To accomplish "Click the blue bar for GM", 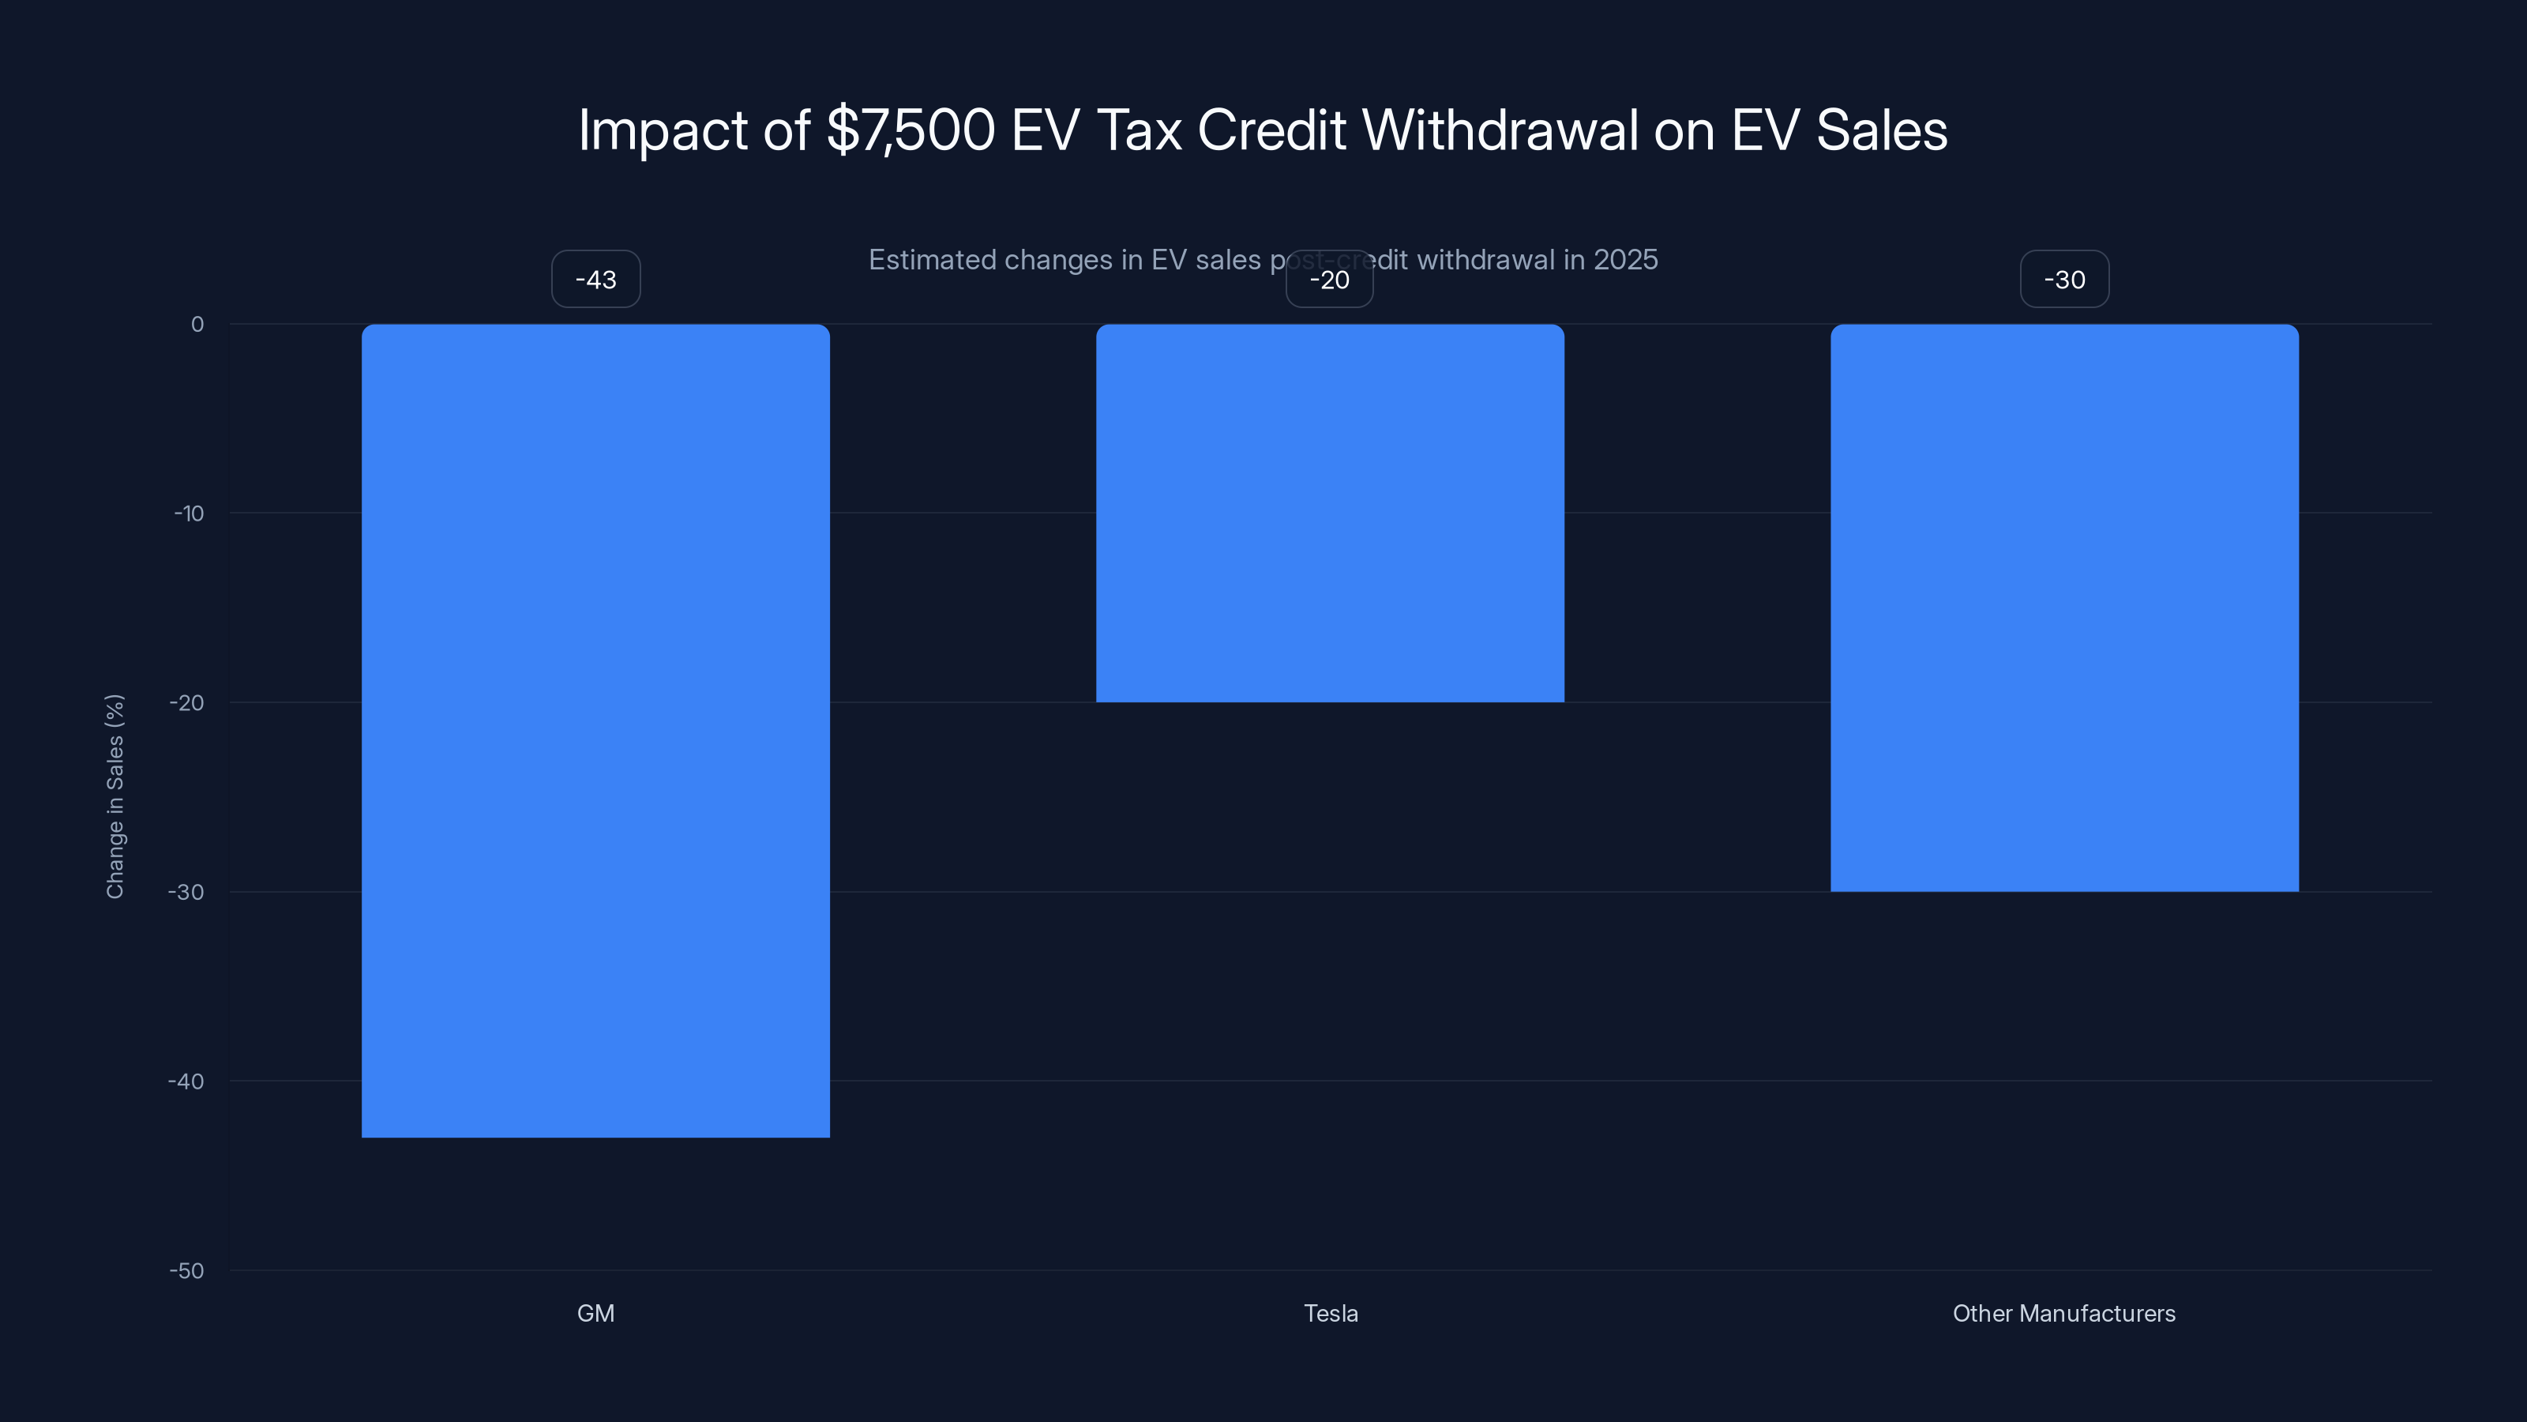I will click(595, 730).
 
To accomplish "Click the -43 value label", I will click(595, 280).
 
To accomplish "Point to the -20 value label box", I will click(1329, 280).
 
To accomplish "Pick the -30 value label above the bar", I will click(2064, 280).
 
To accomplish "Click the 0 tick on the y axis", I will click(197, 325).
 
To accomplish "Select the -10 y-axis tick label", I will click(189, 513).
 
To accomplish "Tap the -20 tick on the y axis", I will click(186, 702).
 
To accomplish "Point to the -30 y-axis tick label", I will click(186, 892).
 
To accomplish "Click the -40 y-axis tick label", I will click(186, 1082).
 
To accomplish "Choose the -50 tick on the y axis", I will click(186, 1271).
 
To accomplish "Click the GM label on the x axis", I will click(595, 1313).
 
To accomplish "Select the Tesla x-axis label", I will click(1330, 1313).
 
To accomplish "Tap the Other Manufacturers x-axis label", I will click(2064, 1313).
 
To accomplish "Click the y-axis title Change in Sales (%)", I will click(115, 796).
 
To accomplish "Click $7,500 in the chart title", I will click(911, 130).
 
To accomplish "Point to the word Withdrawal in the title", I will click(1500, 130).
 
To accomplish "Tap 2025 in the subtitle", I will click(1625, 260).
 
